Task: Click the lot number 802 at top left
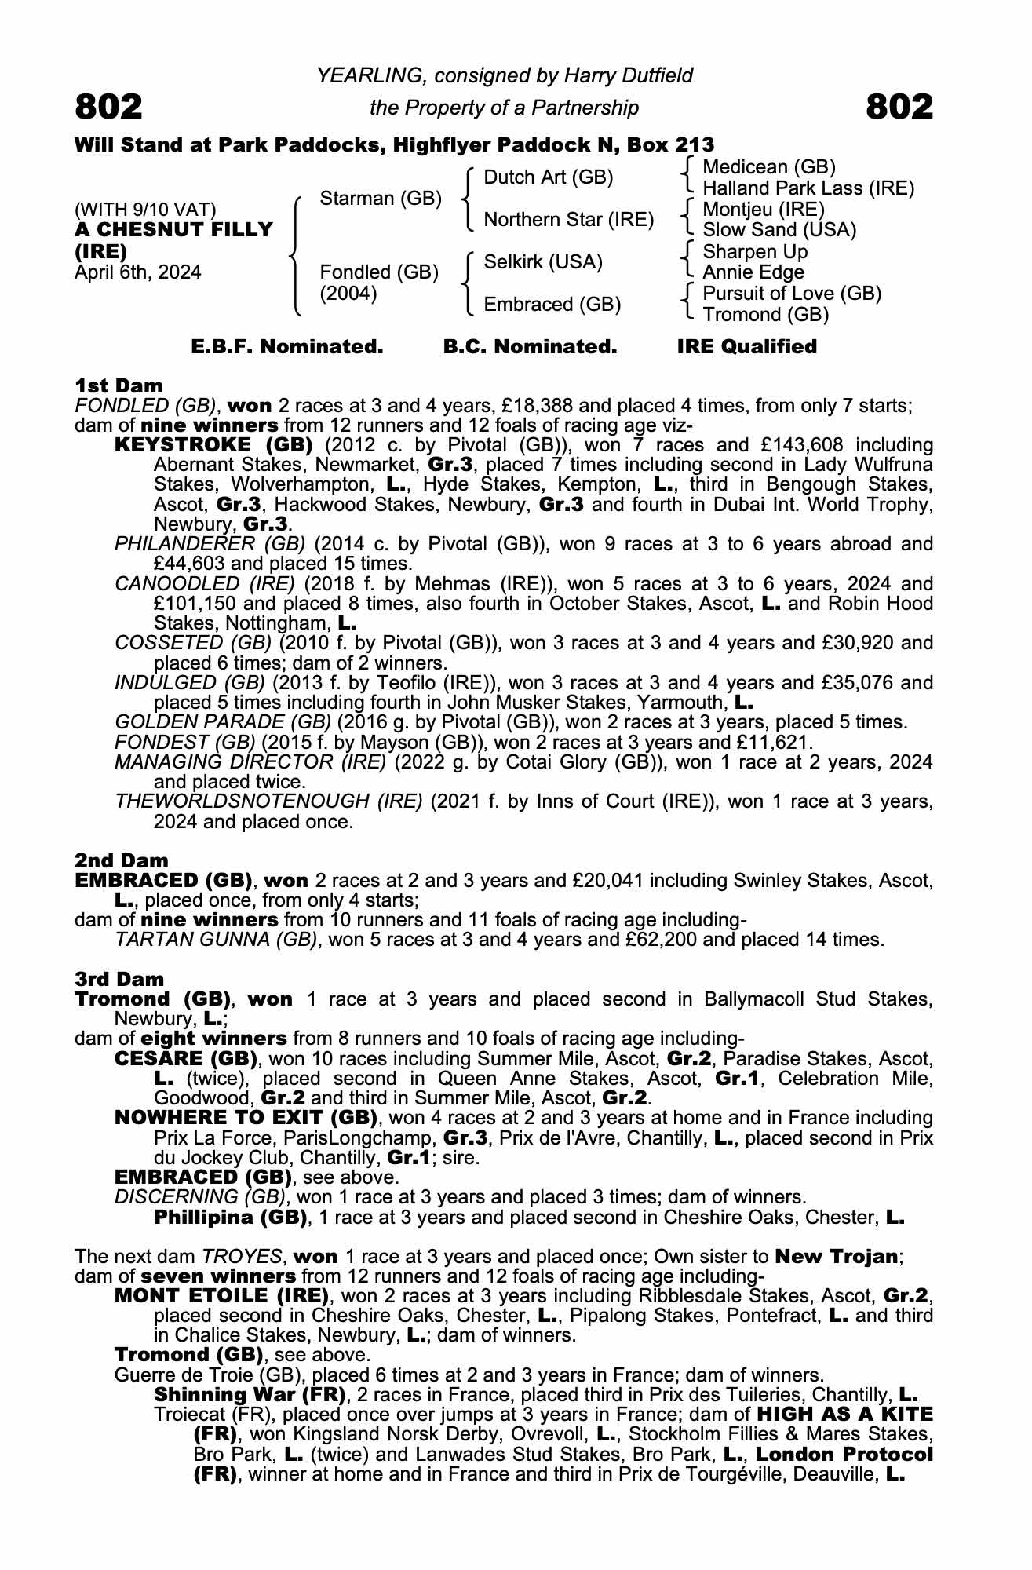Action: coord(108,107)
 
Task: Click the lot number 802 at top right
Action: coord(899,107)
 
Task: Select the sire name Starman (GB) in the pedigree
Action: coord(381,199)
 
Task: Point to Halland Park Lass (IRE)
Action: coord(808,188)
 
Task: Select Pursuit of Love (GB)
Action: coord(791,294)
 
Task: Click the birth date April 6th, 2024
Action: coord(138,272)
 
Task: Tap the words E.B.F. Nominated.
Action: coord(287,347)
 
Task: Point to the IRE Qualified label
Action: coord(746,347)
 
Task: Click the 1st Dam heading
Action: coord(119,385)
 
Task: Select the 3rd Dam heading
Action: coord(119,979)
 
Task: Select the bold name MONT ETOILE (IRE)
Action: coord(221,1295)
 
